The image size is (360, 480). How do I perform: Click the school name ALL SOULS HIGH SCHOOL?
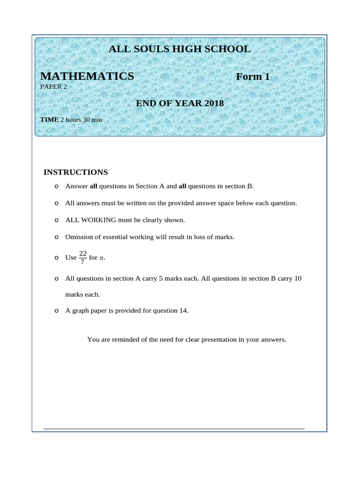pos(180,49)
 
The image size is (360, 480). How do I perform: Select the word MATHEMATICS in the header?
pos(87,76)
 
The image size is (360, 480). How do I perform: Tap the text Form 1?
pos(253,76)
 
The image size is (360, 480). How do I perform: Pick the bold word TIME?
pos(49,120)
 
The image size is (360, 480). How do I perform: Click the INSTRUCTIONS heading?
pos(75,172)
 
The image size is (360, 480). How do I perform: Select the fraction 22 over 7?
pos(83,257)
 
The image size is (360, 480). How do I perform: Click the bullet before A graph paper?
pos(56,311)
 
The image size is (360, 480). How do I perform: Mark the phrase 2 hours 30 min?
pos(81,120)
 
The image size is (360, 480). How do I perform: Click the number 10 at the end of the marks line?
pos(298,278)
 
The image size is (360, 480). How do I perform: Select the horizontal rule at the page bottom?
pos(174,428)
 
